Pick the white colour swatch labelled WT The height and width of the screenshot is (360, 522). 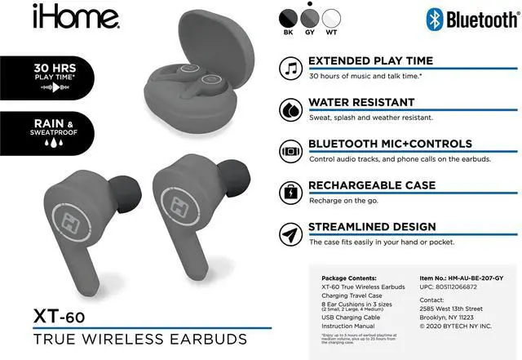[332, 18]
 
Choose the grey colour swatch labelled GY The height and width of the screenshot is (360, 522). [310, 18]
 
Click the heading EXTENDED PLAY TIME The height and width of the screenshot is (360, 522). [370, 60]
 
